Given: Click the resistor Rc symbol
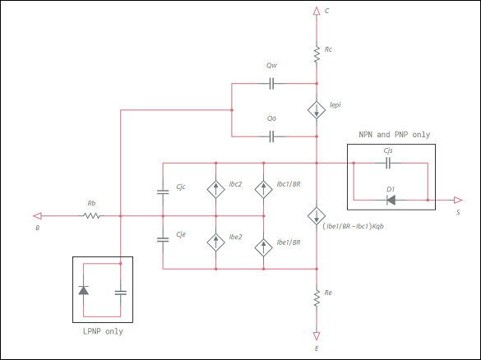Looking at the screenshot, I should coord(317,54).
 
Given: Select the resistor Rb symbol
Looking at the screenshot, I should coord(91,216).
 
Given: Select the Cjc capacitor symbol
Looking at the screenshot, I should coord(163,192).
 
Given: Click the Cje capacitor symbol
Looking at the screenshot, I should coord(163,240).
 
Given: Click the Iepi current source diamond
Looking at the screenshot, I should coord(317,110).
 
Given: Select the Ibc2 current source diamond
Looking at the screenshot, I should coord(215,190).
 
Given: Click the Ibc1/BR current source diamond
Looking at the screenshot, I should coord(263,190).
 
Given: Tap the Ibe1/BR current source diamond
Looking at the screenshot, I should coord(263,246).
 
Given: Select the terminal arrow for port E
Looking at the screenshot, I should coord(317,335).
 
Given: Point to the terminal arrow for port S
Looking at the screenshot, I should coord(454,200).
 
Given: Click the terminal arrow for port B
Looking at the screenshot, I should coord(39,216).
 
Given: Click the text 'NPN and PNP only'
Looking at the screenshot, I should coord(394,135).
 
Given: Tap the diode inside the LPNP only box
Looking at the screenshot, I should coord(83,291).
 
